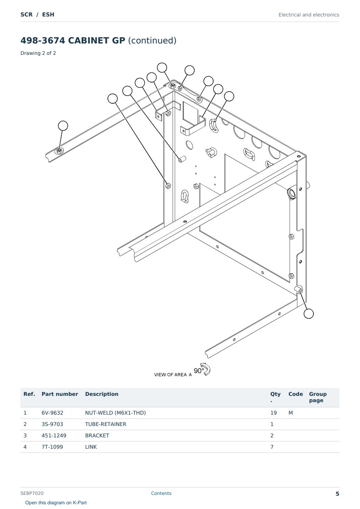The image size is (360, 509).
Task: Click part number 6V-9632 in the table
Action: pos(52,413)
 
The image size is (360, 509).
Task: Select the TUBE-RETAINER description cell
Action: pos(106,424)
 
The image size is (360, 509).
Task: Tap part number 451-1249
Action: pos(54,436)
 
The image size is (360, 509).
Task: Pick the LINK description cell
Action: pos(91,447)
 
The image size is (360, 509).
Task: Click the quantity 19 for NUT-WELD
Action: pos(274,413)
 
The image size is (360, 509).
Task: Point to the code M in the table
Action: pos(290,413)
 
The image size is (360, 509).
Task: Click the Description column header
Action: pos(102,394)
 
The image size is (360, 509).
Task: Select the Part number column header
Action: pos(60,394)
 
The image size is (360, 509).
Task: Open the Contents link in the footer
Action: pos(161,493)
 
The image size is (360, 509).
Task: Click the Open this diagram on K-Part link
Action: pos(56,503)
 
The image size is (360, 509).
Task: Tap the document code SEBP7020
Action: pos(32,493)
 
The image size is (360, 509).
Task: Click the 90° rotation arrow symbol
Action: pos(206,369)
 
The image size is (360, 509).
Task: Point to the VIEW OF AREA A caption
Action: pos(173,375)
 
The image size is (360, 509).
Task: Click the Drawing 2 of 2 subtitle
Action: pos(38,53)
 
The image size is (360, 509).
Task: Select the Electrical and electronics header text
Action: pos(309,15)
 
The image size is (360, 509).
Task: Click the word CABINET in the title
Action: pos(97,40)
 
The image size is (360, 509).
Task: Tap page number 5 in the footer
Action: pos(337,494)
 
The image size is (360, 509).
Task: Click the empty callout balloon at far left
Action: pos(63,126)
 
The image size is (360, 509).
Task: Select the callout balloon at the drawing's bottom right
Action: pos(309,314)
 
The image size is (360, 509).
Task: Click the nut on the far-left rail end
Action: pos(59,151)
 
